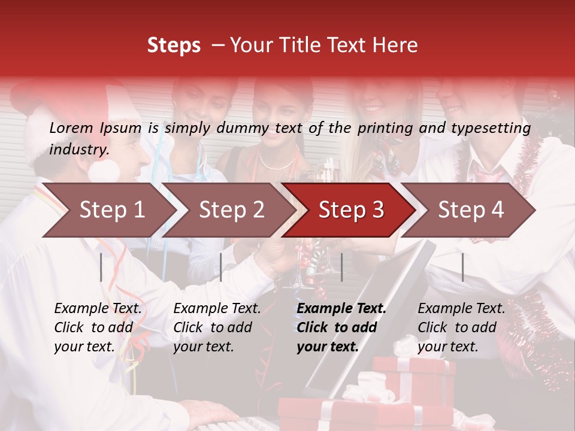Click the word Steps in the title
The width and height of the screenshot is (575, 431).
point(174,45)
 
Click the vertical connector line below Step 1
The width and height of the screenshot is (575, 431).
point(101,267)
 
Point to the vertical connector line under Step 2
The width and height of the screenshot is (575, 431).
point(221,267)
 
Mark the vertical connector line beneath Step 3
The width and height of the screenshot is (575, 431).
point(341,267)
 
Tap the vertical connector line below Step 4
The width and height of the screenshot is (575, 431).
point(462,267)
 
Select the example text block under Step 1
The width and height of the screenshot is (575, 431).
point(98,327)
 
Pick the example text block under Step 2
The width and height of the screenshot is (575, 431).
point(217,327)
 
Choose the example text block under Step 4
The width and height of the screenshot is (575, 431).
point(461,327)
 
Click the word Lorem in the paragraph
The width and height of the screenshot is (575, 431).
point(71,128)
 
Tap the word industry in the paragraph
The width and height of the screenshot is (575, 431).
point(79,150)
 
